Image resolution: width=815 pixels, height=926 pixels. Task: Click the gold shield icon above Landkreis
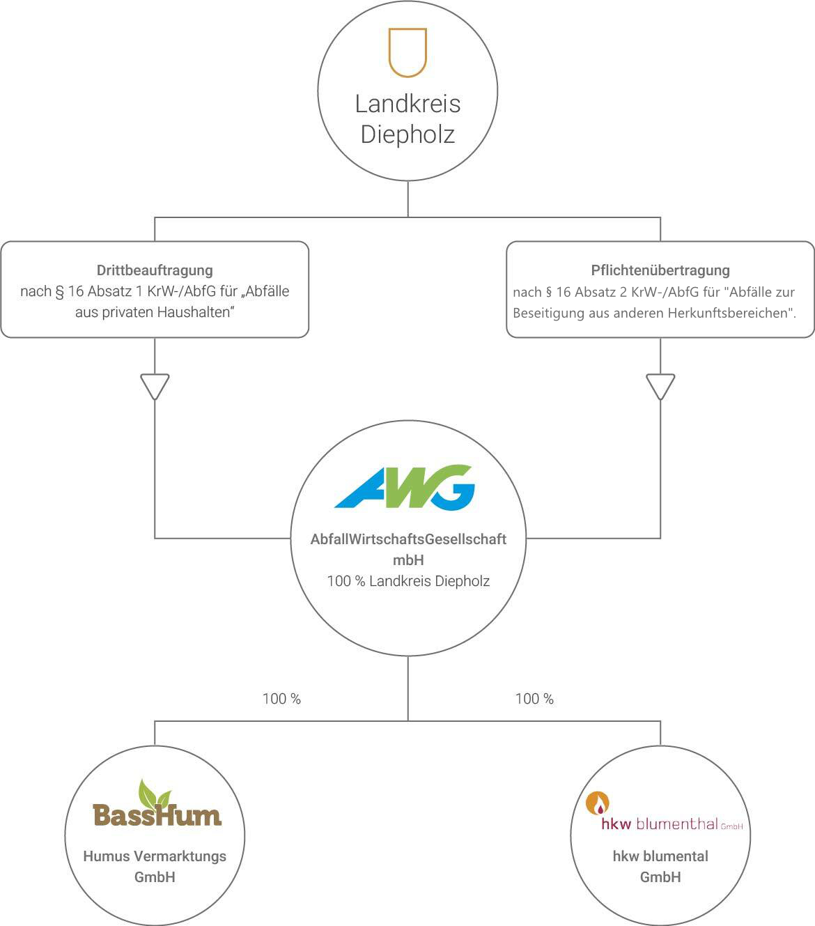click(407, 52)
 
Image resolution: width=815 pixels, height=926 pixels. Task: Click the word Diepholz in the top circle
click(407, 134)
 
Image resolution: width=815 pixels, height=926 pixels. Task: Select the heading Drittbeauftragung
click(155, 270)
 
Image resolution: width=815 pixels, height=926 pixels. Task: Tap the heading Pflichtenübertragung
click(660, 270)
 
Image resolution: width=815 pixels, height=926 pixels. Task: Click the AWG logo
click(405, 486)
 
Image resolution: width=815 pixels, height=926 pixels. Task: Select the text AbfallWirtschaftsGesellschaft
click(408, 539)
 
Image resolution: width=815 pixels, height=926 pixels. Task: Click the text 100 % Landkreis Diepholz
click(408, 581)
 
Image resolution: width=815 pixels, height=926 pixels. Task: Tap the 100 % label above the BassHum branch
click(281, 699)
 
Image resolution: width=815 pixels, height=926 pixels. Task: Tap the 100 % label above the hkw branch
click(534, 699)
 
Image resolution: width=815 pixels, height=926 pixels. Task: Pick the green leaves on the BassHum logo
click(154, 792)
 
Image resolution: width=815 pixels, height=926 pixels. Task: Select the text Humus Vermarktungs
click(155, 856)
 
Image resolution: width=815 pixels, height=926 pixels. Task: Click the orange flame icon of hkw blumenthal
click(597, 803)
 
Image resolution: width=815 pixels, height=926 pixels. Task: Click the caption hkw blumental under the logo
click(660, 856)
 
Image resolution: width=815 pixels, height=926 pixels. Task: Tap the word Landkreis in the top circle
click(407, 104)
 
